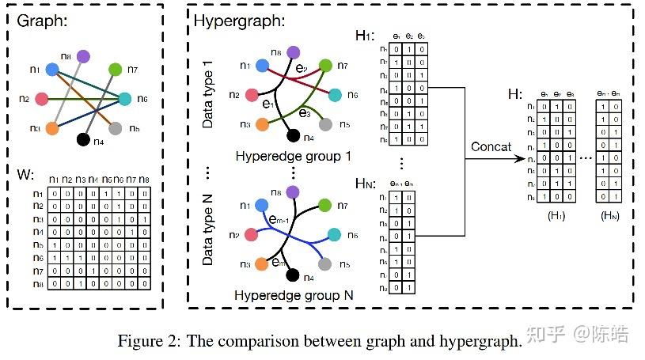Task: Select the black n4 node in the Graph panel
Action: pyautogui.click(x=82, y=140)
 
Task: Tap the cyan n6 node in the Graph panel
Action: pyautogui.click(x=124, y=99)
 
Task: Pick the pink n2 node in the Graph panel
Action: pyautogui.click(x=43, y=100)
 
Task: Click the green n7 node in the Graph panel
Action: pyautogui.click(x=115, y=70)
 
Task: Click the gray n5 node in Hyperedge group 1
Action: pyautogui.click(x=324, y=124)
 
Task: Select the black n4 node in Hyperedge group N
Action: pyautogui.click(x=293, y=275)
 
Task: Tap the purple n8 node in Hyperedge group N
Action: pyautogui.click(x=293, y=192)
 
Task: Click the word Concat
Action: pyautogui.click(x=491, y=147)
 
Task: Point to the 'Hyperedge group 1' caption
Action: pyautogui.click(x=293, y=156)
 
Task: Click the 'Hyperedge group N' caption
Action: pyautogui.click(x=293, y=295)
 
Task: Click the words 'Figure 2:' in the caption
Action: pyautogui.click(x=147, y=341)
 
